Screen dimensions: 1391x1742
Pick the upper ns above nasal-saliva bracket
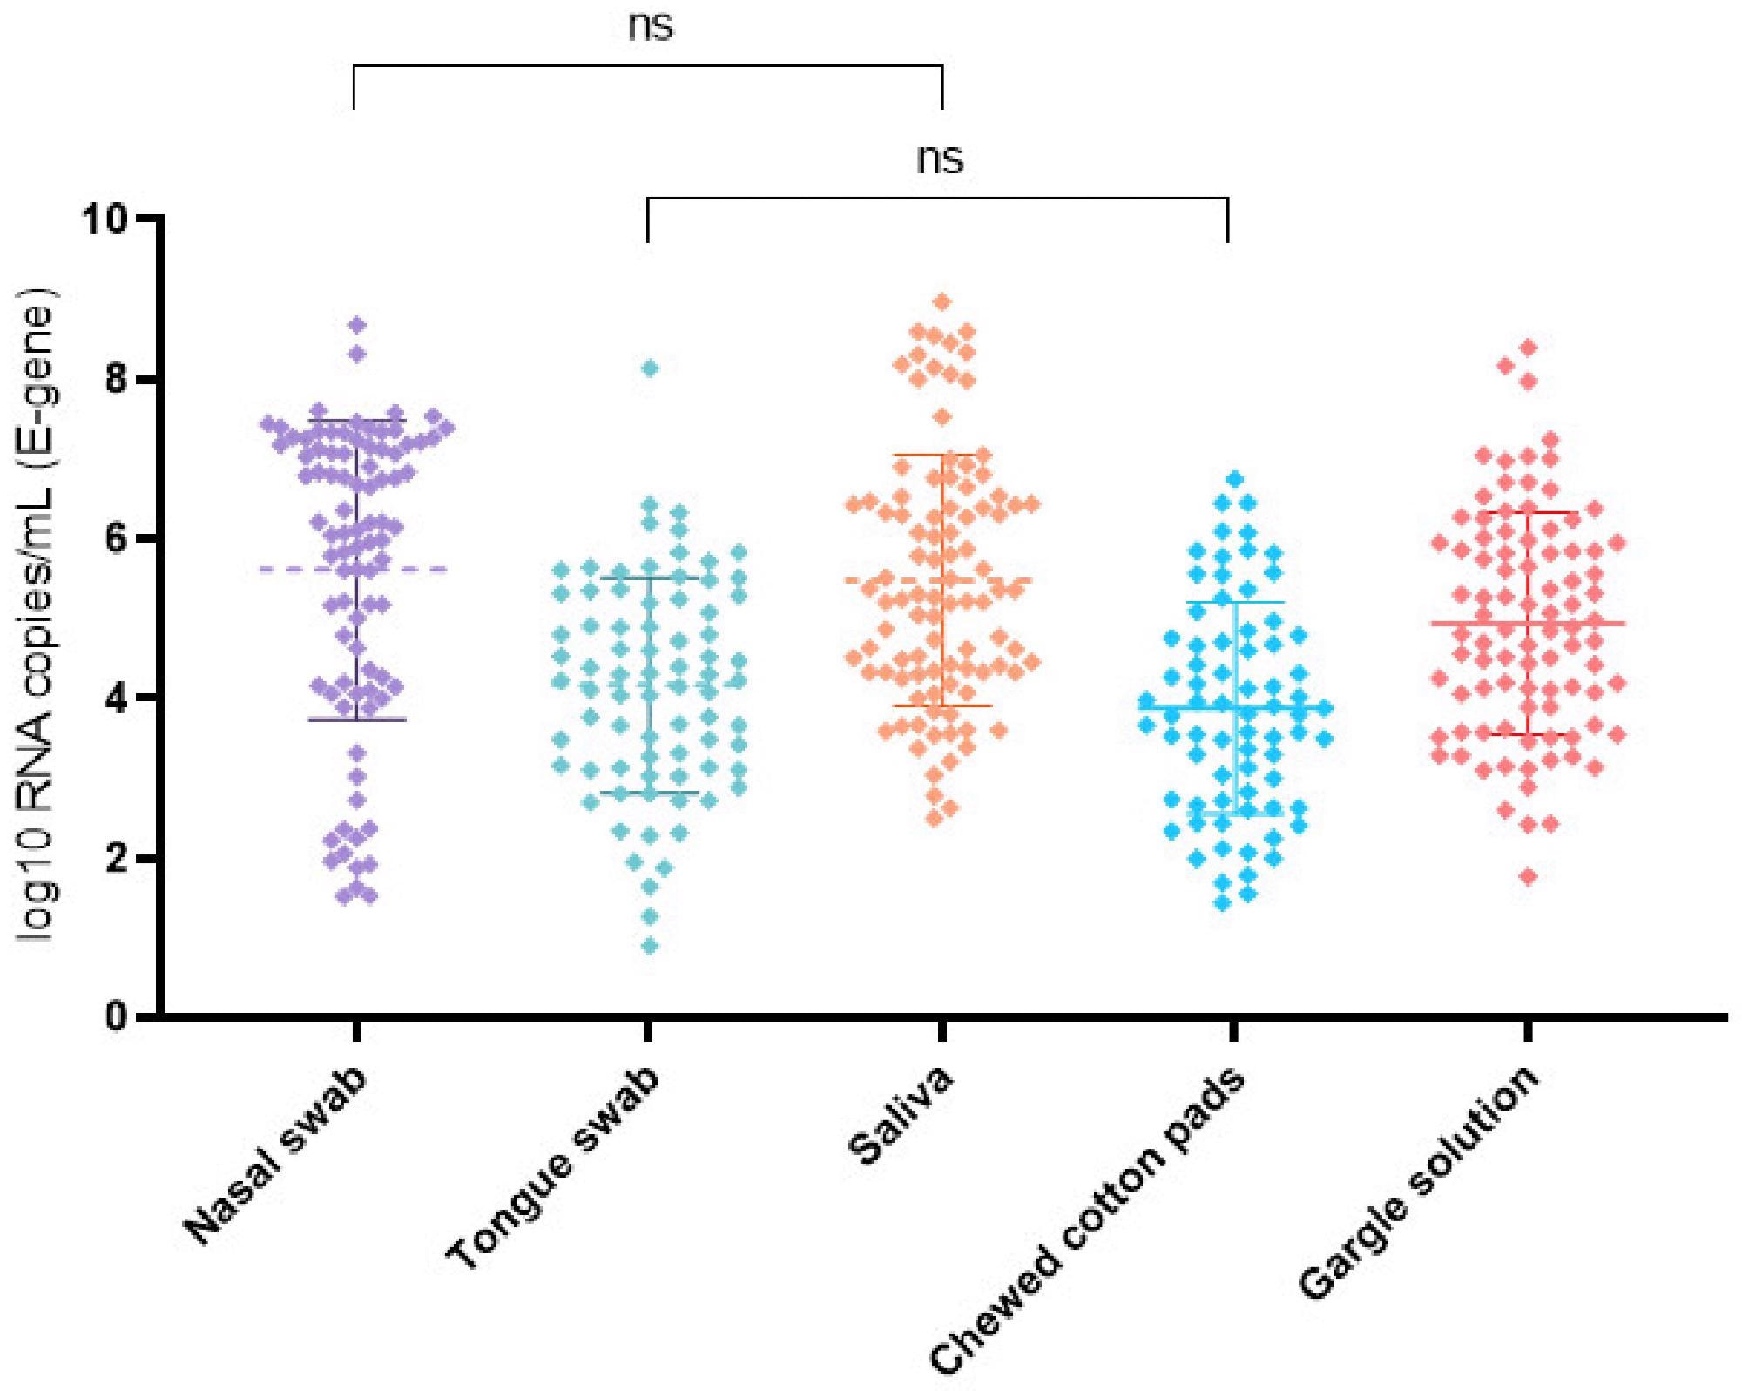651,27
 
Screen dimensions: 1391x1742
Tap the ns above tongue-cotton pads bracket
941,160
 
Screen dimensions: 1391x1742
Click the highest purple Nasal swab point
357,325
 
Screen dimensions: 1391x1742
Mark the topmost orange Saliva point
942,301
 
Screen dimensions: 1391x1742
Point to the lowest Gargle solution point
1528,876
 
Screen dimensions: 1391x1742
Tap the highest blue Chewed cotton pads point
1234,478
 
